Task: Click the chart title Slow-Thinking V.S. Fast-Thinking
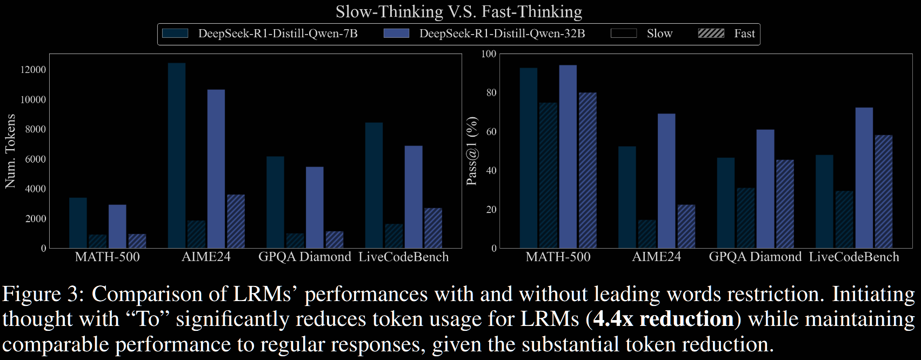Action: click(x=459, y=11)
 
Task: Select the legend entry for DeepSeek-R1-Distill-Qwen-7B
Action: click(x=277, y=34)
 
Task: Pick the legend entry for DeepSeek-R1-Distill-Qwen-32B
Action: click(x=502, y=34)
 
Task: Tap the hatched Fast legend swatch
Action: click(x=711, y=34)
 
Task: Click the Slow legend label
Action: click(x=659, y=34)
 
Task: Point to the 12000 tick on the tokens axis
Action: click(x=33, y=70)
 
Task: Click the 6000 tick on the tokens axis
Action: click(x=35, y=159)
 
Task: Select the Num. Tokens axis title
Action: click(x=10, y=151)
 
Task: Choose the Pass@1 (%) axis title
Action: click(x=472, y=151)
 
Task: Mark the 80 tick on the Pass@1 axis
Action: click(x=491, y=92)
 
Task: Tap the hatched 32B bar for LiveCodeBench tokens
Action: click(x=433, y=228)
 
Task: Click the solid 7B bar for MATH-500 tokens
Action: click(x=78, y=223)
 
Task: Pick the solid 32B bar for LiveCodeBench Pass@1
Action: click(x=864, y=178)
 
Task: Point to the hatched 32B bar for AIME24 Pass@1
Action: click(x=686, y=226)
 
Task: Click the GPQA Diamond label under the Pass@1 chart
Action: click(x=755, y=257)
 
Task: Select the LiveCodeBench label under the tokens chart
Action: click(x=403, y=257)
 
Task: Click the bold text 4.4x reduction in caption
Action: click(x=663, y=319)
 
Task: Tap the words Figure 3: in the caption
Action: click(x=43, y=294)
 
